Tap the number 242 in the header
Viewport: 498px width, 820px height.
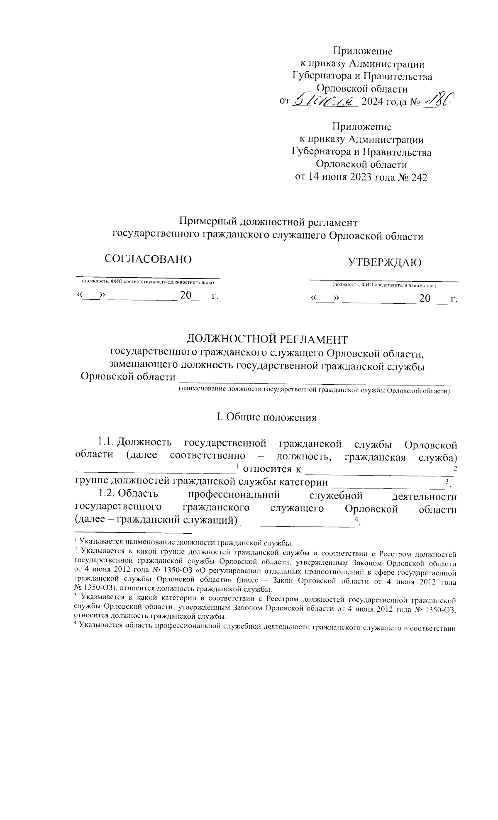pos(418,177)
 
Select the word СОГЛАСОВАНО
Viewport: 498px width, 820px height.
pos(148,259)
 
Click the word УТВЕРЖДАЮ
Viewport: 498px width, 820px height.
pos(384,262)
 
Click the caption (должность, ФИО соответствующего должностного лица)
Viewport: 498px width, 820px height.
pos(148,282)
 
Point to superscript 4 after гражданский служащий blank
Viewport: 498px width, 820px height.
pos(356,520)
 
